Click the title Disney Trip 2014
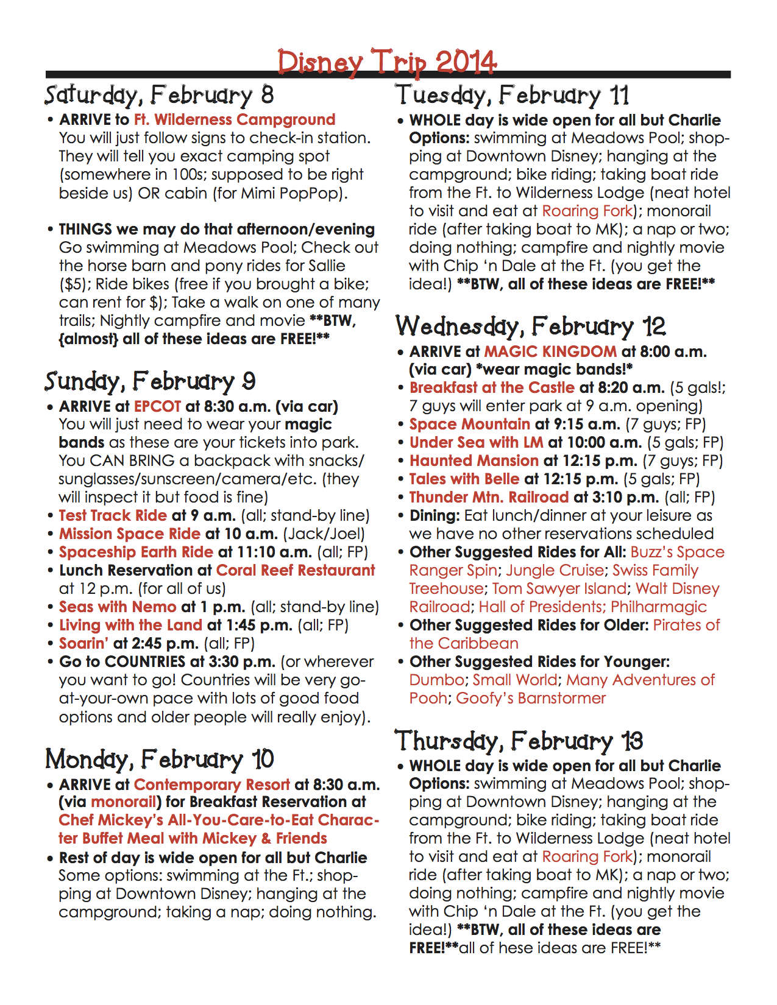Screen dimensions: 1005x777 [387, 62]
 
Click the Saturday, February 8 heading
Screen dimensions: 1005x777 [159, 96]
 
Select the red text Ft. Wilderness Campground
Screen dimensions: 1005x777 [235, 119]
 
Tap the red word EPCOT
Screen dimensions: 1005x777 [158, 406]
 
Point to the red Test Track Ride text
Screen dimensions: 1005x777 [113, 516]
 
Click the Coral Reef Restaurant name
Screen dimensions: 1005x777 [296, 571]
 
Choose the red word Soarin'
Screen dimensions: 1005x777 [84, 644]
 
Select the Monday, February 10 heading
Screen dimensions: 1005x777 [160, 760]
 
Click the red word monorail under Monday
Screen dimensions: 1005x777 [124, 802]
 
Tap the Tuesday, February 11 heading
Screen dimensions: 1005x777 [512, 96]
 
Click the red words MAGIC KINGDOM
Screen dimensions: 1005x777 [550, 351]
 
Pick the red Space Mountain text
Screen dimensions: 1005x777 [470, 425]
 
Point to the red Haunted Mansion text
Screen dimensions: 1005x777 [474, 461]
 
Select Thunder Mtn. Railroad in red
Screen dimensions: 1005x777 [489, 498]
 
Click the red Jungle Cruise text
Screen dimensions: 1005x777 [555, 571]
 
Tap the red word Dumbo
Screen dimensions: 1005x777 [437, 680]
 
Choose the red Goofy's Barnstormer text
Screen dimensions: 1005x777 [531, 699]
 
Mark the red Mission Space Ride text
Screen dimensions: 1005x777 [130, 534]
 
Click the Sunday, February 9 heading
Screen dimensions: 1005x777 [150, 382]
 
